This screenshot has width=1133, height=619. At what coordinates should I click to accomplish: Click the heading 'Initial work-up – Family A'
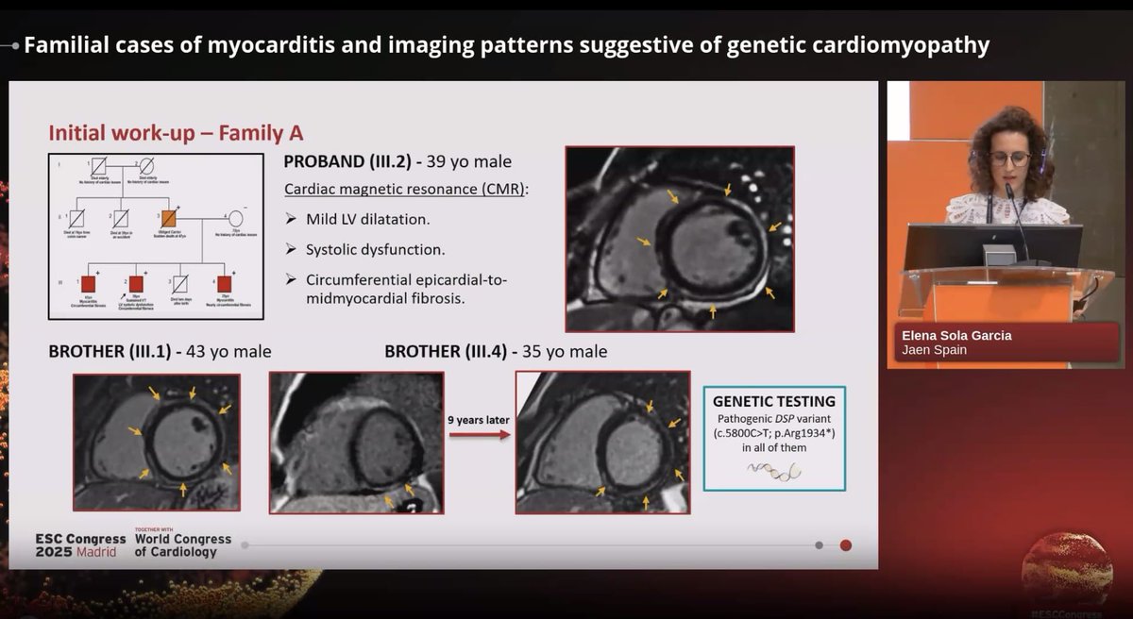(175, 132)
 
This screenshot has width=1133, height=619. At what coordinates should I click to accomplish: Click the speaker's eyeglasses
(1009, 159)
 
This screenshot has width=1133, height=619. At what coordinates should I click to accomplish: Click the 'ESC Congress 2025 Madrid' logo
(79, 545)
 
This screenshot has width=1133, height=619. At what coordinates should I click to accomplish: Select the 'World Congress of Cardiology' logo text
(182, 545)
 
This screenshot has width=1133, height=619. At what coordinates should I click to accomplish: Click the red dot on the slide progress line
(846, 544)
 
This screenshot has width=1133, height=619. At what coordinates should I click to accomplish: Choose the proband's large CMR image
(679, 239)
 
